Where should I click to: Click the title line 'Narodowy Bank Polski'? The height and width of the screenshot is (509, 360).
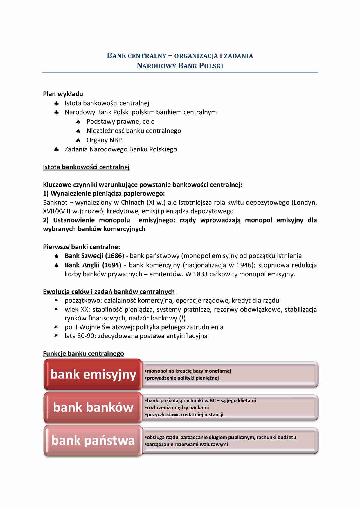coord(180,66)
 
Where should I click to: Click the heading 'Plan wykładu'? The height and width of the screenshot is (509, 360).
coord(63,94)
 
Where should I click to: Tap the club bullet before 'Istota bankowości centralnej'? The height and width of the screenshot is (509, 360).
coord(57,103)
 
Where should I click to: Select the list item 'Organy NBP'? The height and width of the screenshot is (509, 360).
coord(104,140)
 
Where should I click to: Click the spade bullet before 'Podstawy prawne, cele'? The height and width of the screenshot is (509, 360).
coord(78,122)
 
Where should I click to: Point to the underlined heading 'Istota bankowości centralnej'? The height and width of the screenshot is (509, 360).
coord(86,167)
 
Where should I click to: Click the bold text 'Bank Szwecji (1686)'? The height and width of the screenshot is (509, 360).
coord(94,256)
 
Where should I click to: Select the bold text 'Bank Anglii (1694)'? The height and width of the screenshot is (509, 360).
coord(93,265)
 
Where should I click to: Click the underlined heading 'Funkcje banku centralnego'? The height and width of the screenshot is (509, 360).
coord(83,353)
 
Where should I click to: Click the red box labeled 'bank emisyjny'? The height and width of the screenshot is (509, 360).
coord(93,374)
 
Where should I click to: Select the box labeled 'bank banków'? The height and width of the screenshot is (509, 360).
coord(93,407)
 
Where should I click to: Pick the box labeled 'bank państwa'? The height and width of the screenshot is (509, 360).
coord(93,441)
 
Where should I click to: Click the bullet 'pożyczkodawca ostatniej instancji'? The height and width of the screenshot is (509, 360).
coord(185,414)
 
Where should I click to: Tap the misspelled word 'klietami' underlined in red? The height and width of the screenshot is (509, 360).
coord(247,400)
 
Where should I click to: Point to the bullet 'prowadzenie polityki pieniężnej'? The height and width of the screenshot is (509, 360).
coord(183,378)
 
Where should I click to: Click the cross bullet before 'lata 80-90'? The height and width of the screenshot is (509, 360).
coord(56,335)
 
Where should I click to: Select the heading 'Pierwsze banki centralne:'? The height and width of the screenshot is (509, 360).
coord(81,247)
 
